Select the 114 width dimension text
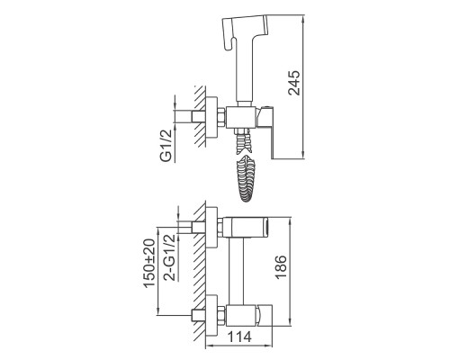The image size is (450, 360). point(239,337)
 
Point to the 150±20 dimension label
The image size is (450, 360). point(149,264)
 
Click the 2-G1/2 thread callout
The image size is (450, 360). point(170,257)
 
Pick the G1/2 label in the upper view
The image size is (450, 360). point(167,145)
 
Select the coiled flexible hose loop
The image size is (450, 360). point(245,179)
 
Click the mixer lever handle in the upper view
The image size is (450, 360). point(266,131)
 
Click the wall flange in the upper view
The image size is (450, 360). point(211,118)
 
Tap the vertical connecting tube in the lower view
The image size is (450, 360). point(236,271)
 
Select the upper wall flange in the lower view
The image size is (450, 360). point(211,228)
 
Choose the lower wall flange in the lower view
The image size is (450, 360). point(211,316)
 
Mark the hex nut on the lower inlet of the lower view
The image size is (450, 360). point(221,316)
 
